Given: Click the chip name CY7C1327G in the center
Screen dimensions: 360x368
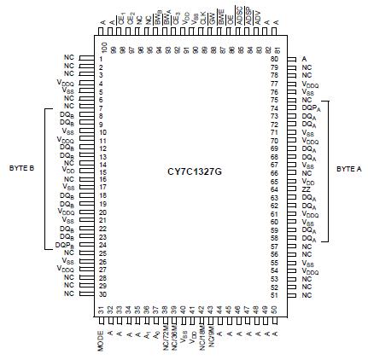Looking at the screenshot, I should pyautogui.click(x=194, y=171).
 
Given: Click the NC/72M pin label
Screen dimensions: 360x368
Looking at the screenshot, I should pyautogui.click(x=159, y=339).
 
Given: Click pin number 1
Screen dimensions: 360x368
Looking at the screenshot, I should pyautogui.click(x=101, y=58).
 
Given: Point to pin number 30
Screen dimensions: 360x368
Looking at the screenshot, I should pyautogui.click(x=101, y=293).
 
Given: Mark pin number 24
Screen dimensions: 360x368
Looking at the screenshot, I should pyautogui.click(x=101, y=245).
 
